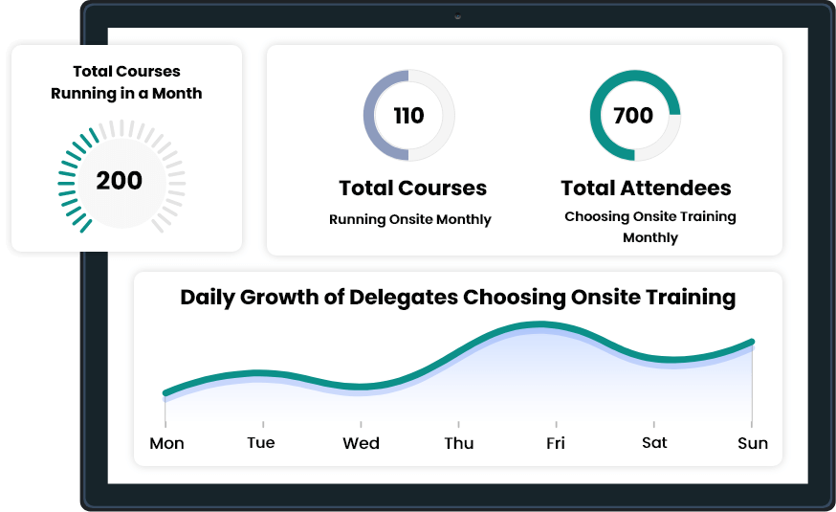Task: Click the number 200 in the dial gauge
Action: tap(119, 180)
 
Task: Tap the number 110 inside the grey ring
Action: tap(409, 115)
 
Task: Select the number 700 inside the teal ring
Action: tap(633, 115)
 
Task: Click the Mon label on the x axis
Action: tap(166, 443)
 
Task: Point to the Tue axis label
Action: tap(261, 443)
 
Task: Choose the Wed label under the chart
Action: tap(361, 443)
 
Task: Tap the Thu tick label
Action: tap(459, 443)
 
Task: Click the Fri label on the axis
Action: tap(556, 443)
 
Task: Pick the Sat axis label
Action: tap(654, 443)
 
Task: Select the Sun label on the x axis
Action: tap(753, 443)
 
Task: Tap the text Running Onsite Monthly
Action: tap(410, 219)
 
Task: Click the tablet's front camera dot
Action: tap(457, 16)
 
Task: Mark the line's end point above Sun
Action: tap(752, 342)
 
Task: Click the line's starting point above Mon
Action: tap(165, 393)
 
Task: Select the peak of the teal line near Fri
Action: tap(540, 323)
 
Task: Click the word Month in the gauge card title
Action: tap(177, 94)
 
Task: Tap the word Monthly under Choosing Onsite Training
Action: tap(650, 237)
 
